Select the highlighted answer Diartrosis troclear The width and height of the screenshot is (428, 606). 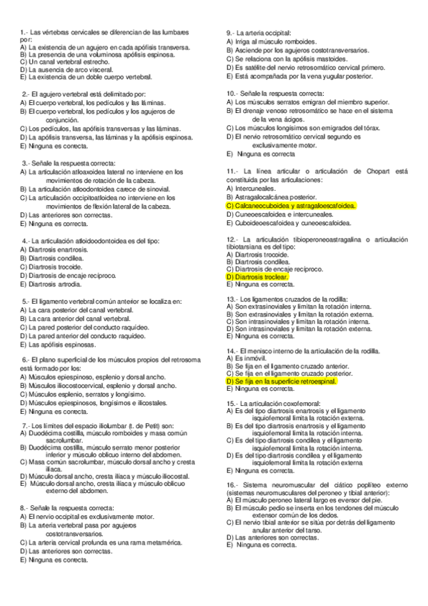pyautogui.click(x=257, y=276)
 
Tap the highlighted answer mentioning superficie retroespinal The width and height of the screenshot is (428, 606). pyautogui.click(x=282, y=382)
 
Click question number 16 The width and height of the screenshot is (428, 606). pyautogui.click(x=232, y=485)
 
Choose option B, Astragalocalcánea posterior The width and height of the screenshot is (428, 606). pyautogui.click(x=271, y=197)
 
